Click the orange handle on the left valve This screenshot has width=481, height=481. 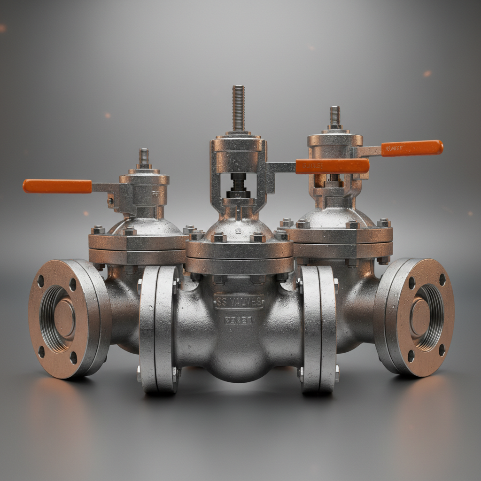57,186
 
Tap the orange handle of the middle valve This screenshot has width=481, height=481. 332,166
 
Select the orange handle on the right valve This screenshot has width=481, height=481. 411,148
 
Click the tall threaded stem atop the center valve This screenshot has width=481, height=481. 239,108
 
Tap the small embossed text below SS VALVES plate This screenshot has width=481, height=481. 239,320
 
